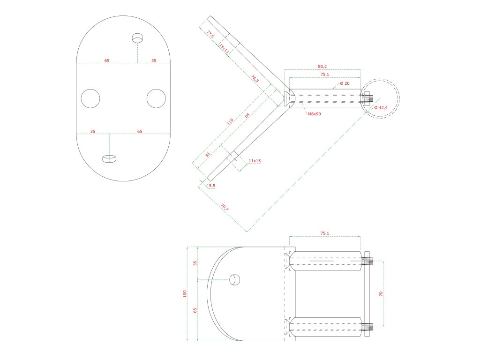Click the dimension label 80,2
click(x=322, y=67)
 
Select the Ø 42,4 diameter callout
click(x=381, y=108)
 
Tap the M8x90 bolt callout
click(x=314, y=114)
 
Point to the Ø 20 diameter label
click(x=345, y=83)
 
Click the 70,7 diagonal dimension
click(x=225, y=206)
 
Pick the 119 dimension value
click(x=230, y=122)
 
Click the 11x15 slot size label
click(x=255, y=161)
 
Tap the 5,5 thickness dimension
click(x=212, y=186)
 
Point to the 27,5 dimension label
click(x=210, y=33)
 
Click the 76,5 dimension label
click(x=255, y=78)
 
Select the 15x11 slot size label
click(x=224, y=49)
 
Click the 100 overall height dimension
click(x=185, y=293)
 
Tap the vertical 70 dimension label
click(x=381, y=293)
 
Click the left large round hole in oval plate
click(x=90, y=98)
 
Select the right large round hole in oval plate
click(x=156, y=98)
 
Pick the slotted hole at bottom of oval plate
click(x=109, y=158)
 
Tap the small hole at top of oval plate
click(x=137, y=37)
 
